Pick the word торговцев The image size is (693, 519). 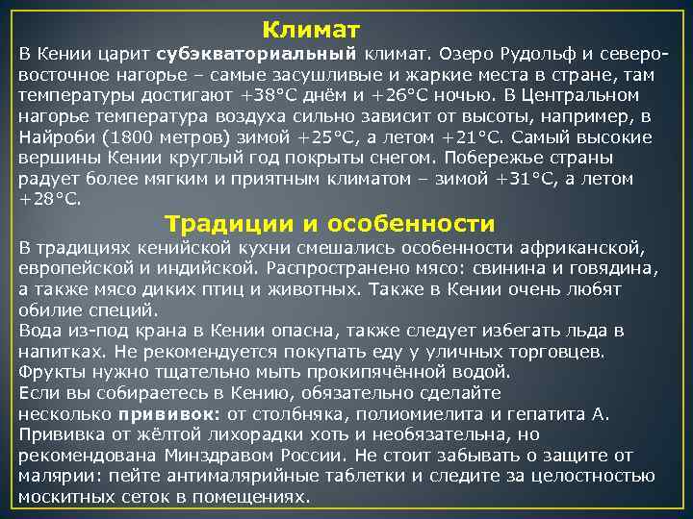[552, 352]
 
